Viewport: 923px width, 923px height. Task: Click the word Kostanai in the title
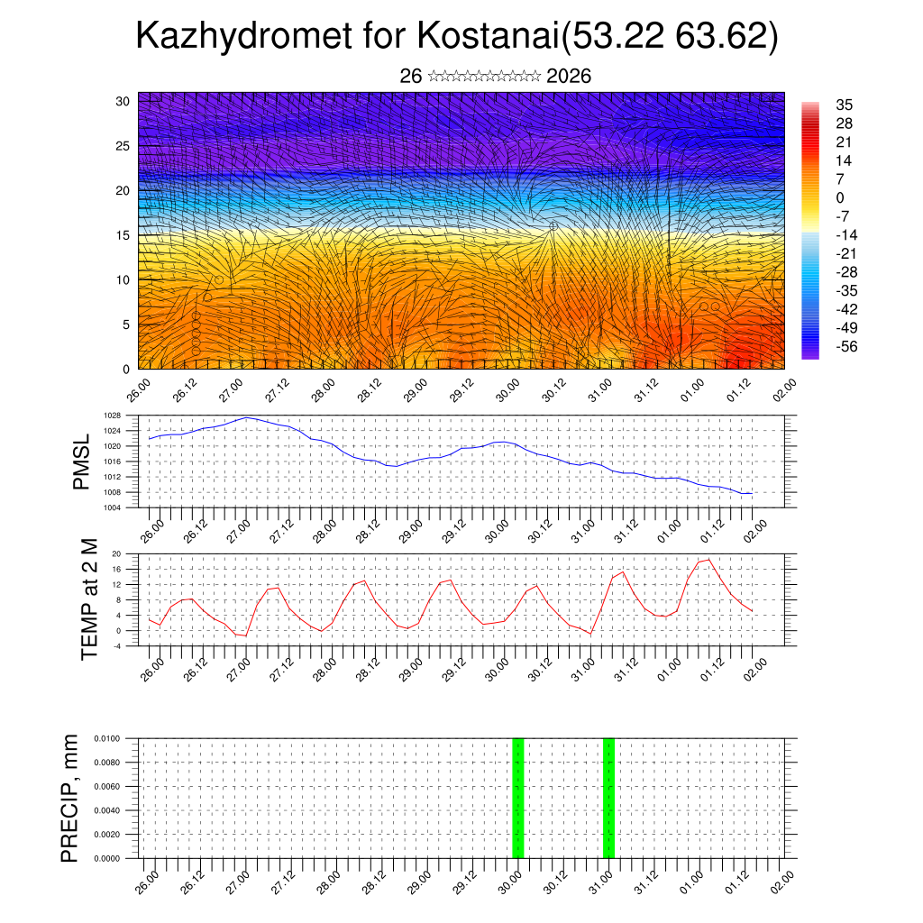(x=487, y=37)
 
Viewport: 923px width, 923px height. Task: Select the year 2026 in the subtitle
(x=569, y=77)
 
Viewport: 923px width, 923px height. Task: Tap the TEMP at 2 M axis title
(x=89, y=599)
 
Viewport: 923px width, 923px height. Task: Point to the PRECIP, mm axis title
(x=70, y=798)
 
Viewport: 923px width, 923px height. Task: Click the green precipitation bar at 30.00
(x=517, y=798)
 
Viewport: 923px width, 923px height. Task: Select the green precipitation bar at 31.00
(x=608, y=798)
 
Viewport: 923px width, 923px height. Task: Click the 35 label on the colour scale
(x=845, y=105)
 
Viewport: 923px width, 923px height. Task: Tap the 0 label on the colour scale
(x=840, y=197)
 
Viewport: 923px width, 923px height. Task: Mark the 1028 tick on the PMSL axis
(x=112, y=416)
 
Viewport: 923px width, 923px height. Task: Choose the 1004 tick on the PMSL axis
(x=112, y=507)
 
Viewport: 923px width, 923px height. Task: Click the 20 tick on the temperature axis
(x=116, y=553)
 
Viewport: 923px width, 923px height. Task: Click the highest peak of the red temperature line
(x=709, y=560)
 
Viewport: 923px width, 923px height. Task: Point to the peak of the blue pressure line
(x=247, y=417)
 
